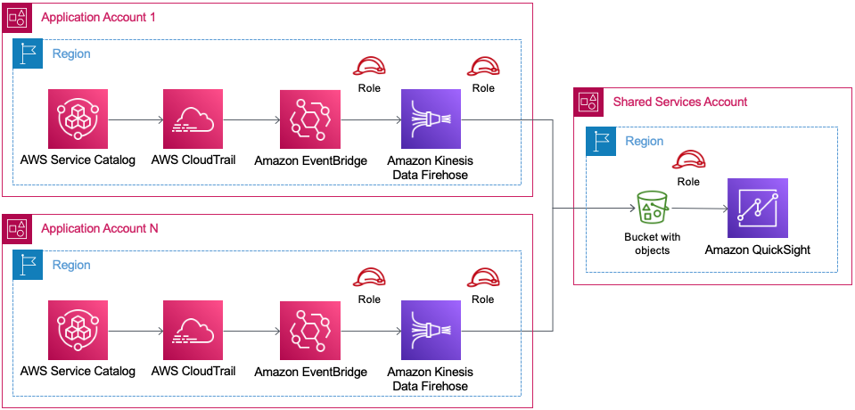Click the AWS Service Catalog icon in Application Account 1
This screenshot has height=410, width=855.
78,119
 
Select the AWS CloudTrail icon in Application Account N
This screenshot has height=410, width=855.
193,331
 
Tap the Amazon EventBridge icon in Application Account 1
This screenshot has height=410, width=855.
309,119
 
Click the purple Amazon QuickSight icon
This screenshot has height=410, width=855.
757,209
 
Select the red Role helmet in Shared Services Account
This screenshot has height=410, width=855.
688,160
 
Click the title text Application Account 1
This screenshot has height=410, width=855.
97,18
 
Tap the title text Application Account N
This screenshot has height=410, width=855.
98,229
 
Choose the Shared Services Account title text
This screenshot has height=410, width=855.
679,102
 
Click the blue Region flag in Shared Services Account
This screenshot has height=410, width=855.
600,142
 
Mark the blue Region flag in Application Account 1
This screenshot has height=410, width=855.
27,54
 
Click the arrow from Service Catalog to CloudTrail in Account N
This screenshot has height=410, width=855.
136,331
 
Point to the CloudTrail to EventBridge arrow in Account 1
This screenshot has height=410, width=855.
251,119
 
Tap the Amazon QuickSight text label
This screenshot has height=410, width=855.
757,250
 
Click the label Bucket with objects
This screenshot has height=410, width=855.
652,244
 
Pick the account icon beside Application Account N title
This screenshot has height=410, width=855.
17,229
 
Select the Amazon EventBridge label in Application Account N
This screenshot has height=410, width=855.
310,372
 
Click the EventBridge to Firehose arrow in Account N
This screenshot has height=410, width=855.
371,331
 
